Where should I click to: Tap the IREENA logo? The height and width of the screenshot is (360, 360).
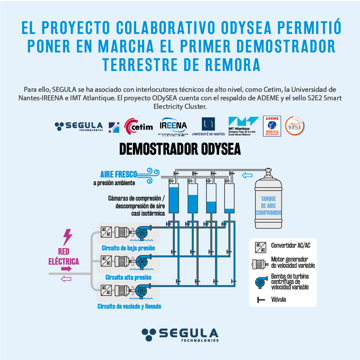point(173,126)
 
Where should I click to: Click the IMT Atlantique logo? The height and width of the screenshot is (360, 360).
point(243,126)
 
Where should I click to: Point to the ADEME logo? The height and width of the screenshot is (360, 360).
point(272,126)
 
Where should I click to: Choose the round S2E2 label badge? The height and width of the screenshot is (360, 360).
point(295,126)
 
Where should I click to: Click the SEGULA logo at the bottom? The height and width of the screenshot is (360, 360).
point(180,335)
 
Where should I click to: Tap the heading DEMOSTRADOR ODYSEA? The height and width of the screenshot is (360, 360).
point(180,149)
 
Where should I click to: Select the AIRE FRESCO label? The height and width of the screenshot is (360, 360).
point(118,174)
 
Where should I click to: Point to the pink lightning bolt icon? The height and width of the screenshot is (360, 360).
point(68,237)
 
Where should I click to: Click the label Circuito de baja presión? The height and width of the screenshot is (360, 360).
point(128,248)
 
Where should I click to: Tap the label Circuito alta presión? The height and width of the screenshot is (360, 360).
point(128,277)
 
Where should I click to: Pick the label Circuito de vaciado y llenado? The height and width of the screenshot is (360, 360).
point(129,306)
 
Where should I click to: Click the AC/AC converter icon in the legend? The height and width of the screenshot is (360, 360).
point(260,247)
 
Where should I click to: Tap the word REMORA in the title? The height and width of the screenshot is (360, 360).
point(235,64)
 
